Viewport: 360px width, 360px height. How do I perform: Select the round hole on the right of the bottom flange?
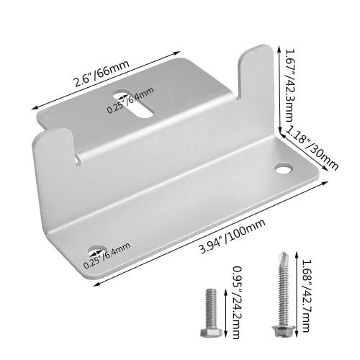click(282, 169)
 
